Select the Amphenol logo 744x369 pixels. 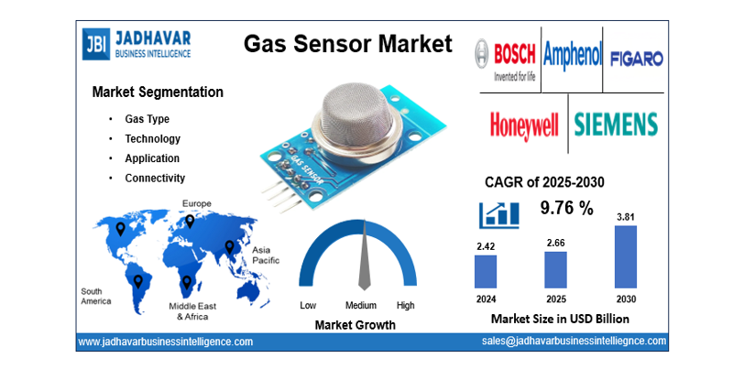point(572,57)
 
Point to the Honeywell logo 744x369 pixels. point(523,124)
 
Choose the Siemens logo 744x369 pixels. point(616,124)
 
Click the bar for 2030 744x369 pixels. point(624,257)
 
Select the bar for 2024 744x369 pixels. point(486,272)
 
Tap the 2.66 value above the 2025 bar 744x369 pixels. point(555,243)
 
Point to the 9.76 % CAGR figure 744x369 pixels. point(566,208)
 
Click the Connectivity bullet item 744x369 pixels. point(155,178)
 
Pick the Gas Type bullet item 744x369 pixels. point(147,119)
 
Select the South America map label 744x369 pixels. point(95,296)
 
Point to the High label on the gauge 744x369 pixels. point(405,305)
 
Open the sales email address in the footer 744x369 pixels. point(574,341)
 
